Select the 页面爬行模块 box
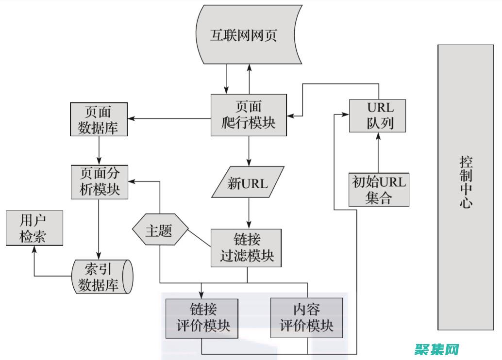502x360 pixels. (248, 115)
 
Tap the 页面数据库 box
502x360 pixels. (99, 119)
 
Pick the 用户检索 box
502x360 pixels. (34, 229)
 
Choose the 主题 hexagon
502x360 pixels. (159, 231)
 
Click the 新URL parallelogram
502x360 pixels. (248, 183)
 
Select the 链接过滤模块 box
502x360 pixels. (247, 247)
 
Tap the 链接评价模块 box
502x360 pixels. (202, 318)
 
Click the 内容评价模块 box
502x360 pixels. (306, 318)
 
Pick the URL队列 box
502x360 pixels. (378, 115)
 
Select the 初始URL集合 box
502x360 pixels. (379, 190)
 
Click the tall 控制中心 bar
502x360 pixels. (466, 187)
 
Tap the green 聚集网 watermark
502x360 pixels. (436, 349)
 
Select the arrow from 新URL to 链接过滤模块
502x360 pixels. (249, 213)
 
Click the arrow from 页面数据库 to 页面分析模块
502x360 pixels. (99, 150)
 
